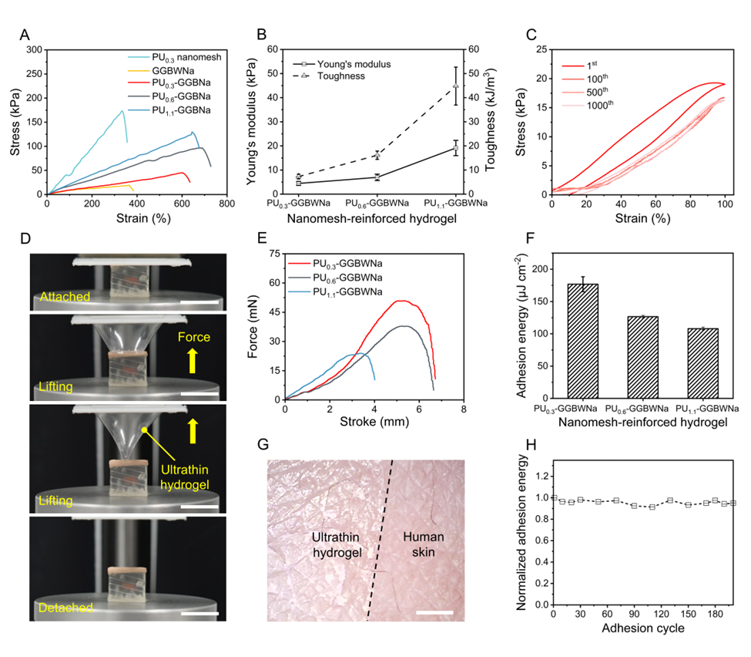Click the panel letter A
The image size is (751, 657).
pyautogui.click(x=25, y=34)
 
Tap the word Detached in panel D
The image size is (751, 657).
pyautogui.click(x=65, y=608)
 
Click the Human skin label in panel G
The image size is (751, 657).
pyautogui.click(x=421, y=534)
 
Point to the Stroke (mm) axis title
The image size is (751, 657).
pyautogui.click(x=374, y=422)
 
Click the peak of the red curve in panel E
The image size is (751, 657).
pyautogui.click(x=401, y=301)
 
